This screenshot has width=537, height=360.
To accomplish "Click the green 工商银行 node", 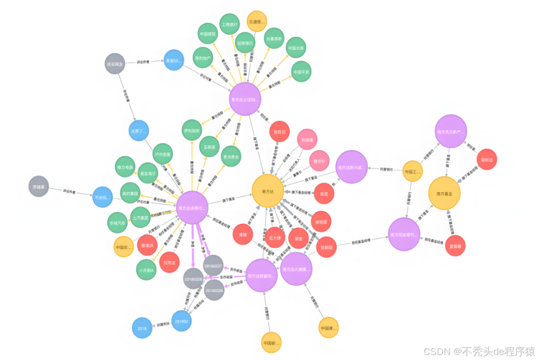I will [229, 24].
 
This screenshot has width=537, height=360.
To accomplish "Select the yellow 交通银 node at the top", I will [257, 21].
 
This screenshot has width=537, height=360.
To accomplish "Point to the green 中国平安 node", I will [301, 72].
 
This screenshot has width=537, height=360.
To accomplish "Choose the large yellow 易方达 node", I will [268, 191].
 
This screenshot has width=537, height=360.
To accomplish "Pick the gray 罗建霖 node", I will [39, 186].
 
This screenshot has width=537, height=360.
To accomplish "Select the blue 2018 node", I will [142, 328].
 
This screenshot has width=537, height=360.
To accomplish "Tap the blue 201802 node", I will [181, 321].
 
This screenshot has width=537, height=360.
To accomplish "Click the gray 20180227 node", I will [213, 265].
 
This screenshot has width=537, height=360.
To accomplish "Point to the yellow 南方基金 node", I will [445, 193].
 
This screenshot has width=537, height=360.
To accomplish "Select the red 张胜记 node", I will [279, 132].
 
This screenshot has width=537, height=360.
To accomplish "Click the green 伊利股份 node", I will [191, 130].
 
